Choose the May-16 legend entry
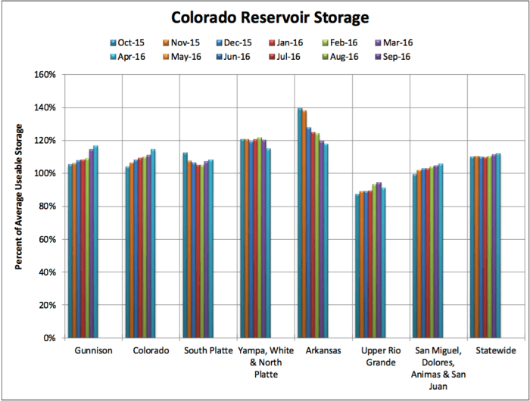tap(192, 56)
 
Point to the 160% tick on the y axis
tap(46, 75)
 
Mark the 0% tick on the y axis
tap(51, 337)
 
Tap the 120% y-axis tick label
tap(46, 141)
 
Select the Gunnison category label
tap(92, 351)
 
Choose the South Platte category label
tap(208, 351)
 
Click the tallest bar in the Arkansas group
tap(300, 223)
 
